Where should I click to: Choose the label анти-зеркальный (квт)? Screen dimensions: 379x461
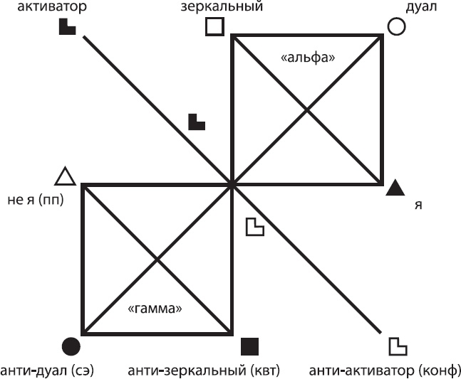click(x=203, y=370)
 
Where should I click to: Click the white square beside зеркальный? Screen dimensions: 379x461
click(x=214, y=26)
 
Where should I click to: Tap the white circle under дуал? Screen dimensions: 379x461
click(x=396, y=26)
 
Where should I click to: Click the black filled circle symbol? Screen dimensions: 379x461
click(x=71, y=346)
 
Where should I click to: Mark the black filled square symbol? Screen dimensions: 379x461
click(x=249, y=346)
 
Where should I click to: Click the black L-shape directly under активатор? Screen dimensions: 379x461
click(x=66, y=27)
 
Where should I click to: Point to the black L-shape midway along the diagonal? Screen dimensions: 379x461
click(x=196, y=122)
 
